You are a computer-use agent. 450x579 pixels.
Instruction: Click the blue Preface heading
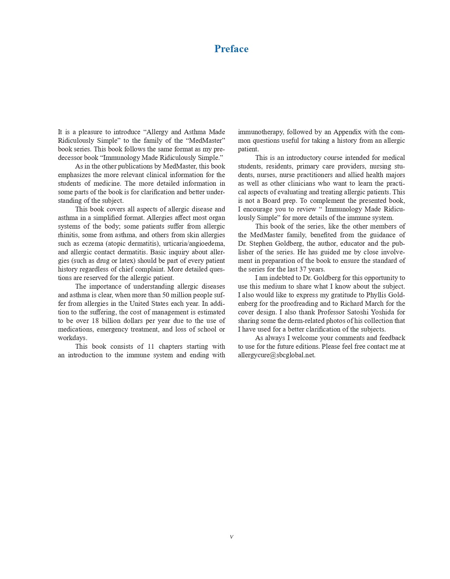[231, 49]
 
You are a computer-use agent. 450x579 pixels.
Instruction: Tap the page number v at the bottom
[232, 537]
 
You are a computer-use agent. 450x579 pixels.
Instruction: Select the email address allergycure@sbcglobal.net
[276, 355]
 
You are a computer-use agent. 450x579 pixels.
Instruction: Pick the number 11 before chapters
[151, 347]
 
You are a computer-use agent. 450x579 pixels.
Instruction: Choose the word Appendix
[347, 132]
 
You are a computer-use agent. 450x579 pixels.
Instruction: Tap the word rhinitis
[69, 235]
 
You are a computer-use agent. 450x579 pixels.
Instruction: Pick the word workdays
[72, 338]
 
